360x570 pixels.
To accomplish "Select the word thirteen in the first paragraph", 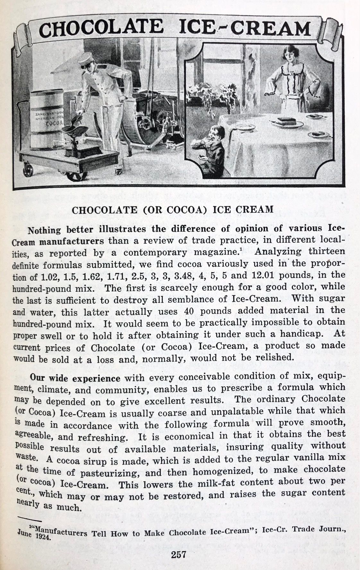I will click(x=327, y=251).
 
